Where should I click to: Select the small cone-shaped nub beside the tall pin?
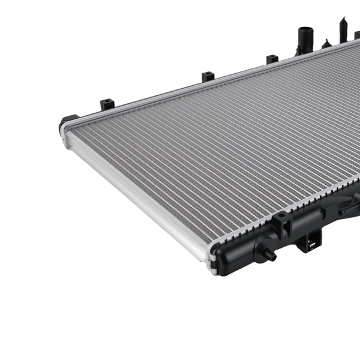pos(326,44)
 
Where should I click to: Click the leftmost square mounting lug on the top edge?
pos(107,103)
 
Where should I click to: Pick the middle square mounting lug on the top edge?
pos(208,76)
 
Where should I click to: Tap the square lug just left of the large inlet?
pos(272,59)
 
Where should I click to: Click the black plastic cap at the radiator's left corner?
pos(67,124)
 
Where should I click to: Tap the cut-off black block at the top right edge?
pos(356,34)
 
